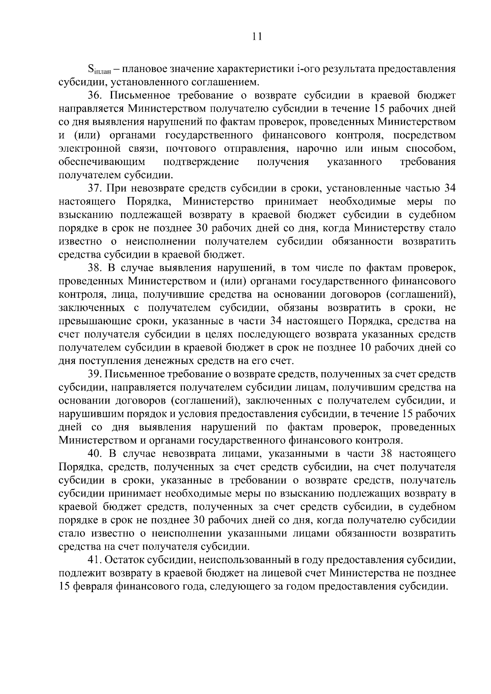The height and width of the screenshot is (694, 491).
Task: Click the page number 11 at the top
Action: [x=257, y=36]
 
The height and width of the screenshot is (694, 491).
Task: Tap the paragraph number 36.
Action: [x=95, y=96]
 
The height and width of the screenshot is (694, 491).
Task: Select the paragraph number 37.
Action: [x=95, y=189]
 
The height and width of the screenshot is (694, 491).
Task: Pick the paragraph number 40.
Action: [x=95, y=454]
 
